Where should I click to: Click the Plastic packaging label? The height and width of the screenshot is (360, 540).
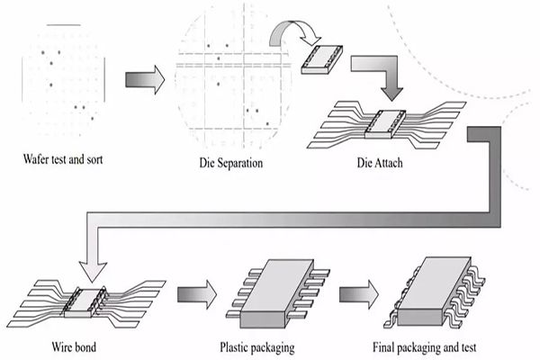pos(256,346)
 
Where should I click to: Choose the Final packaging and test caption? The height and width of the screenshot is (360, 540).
pos(422,346)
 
